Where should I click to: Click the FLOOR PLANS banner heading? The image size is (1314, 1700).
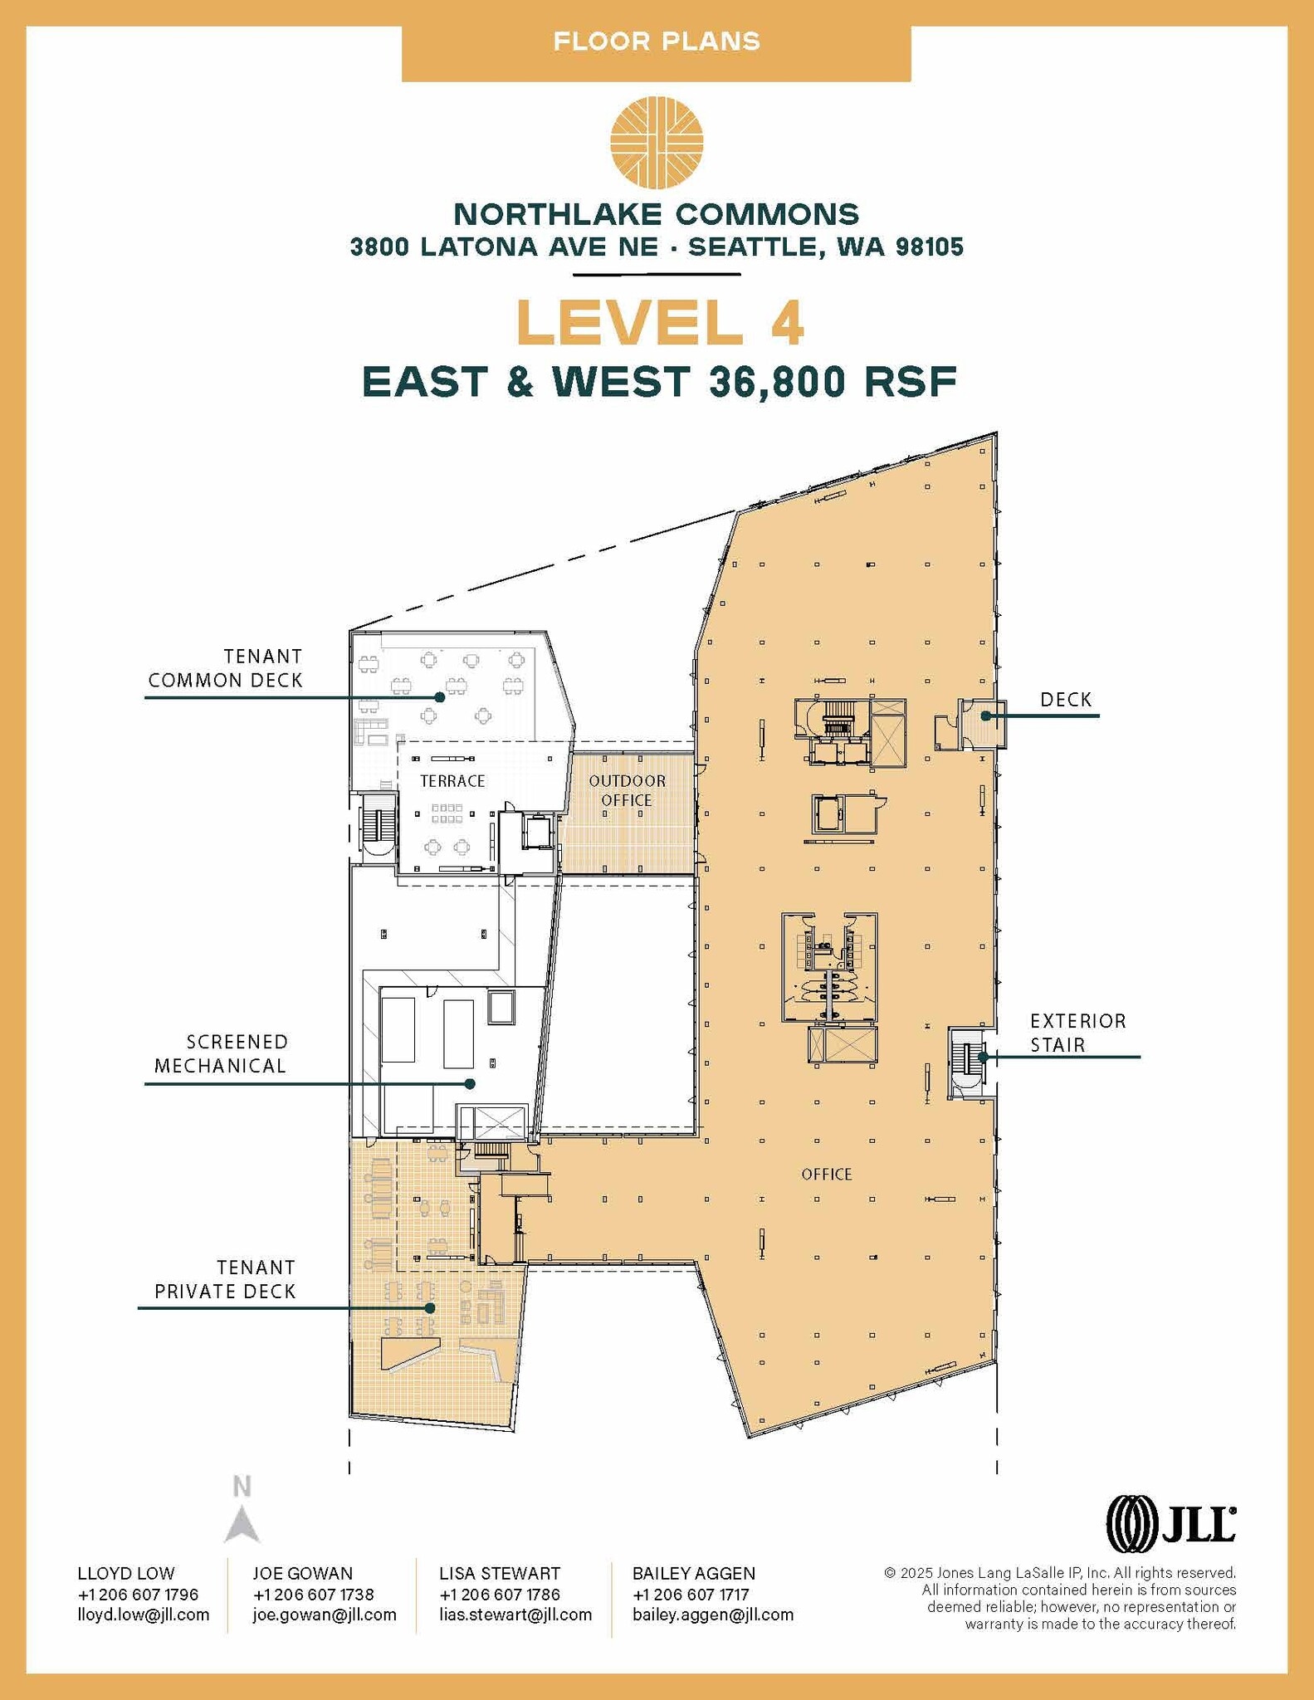(657, 42)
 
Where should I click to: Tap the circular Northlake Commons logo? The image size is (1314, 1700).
(657, 142)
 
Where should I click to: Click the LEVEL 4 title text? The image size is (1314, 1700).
(659, 323)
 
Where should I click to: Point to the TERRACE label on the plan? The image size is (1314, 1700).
(452, 781)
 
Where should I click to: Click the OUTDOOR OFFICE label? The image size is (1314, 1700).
(627, 790)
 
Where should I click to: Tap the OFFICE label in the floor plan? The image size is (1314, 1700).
(827, 1174)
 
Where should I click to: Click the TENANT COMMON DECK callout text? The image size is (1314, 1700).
(226, 668)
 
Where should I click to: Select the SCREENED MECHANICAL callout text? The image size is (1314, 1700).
(221, 1053)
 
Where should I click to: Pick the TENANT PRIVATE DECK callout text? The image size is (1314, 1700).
(226, 1279)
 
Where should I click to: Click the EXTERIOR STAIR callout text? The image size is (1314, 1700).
(1077, 1033)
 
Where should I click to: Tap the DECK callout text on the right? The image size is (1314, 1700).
(1066, 700)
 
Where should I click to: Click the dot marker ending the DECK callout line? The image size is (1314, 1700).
(986, 716)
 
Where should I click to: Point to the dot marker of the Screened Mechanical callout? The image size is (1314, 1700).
(470, 1083)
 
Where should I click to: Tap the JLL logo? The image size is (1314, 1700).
(1170, 1523)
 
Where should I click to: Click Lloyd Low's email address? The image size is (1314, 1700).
(143, 1615)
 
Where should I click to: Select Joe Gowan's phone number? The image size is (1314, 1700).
(313, 1594)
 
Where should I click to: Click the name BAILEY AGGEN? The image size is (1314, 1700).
(693, 1573)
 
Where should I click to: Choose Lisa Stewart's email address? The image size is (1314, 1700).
(515, 1615)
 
